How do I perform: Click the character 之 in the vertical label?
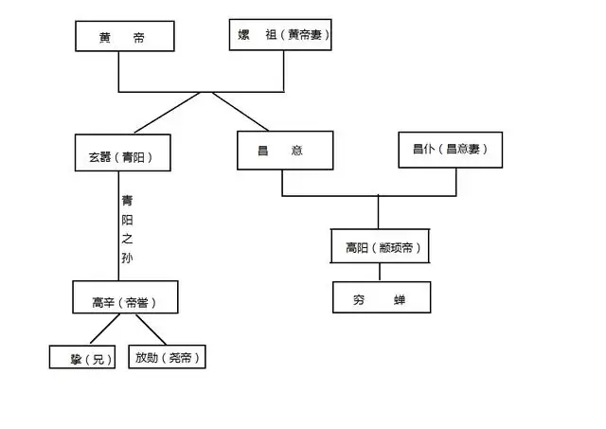(127, 239)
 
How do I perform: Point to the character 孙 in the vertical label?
(127, 258)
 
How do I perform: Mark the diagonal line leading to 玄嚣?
(167, 113)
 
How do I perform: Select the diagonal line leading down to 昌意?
(240, 112)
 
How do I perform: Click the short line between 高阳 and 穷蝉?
(380, 272)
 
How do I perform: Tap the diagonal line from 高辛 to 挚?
(105, 329)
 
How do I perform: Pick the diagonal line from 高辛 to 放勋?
(151, 330)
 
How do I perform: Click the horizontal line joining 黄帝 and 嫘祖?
(201, 92)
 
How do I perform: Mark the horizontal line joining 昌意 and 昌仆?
(369, 196)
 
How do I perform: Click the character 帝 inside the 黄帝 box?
(139, 38)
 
